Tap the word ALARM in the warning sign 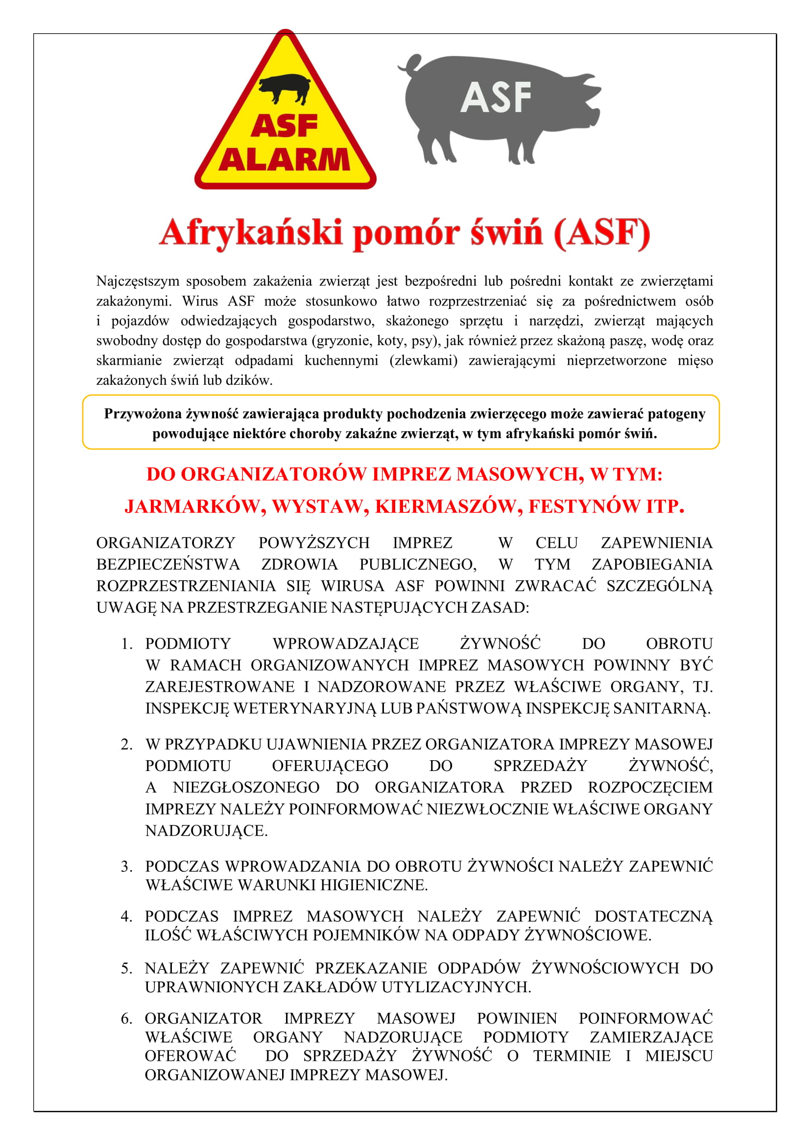click(285, 161)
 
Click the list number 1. click(127, 644)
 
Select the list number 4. click(126, 916)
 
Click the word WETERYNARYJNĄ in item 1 click(305, 708)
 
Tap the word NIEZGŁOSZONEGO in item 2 click(246, 788)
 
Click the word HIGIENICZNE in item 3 click(374, 885)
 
